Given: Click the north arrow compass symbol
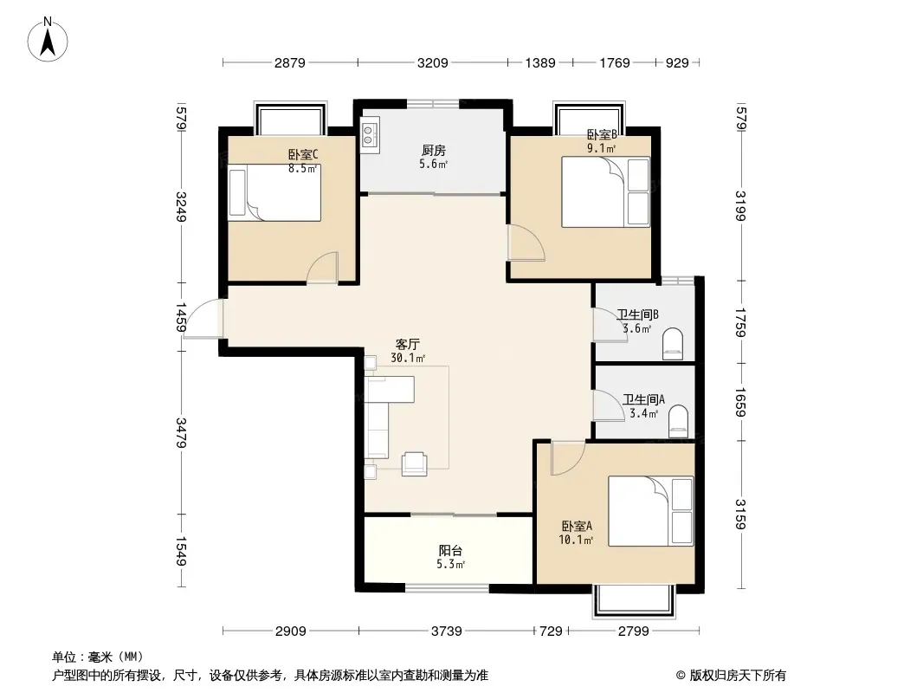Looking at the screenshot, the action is pyautogui.click(x=48, y=40).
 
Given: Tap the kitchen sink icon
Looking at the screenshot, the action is pyautogui.click(x=370, y=134).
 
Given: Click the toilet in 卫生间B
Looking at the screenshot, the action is pyautogui.click(x=672, y=344).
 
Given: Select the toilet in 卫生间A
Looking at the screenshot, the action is pyautogui.click(x=678, y=420).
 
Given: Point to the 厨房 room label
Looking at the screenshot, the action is pyautogui.click(x=434, y=151).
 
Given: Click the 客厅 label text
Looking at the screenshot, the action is pyautogui.click(x=407, y=344).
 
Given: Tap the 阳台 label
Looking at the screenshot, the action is pyautogui.click(x=450, y=551).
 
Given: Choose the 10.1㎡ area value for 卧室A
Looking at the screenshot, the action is pyautogui.click(x=576, y=540).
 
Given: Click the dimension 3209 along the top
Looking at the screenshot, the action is pyautogui.click(x=433, y=62).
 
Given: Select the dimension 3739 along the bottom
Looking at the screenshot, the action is pyautogui.click(x=446, y=631).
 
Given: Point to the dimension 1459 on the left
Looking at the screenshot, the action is pyautogui.click(x=181, y=317).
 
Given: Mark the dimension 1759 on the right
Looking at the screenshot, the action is pyautogui.click(x=740, y=322).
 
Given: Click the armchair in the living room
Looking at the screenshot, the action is pyautogui.click(x=415, y=463).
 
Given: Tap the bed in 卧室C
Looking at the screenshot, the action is pyautogui.click(x=274, y=192).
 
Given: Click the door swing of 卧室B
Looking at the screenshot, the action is pyautogui.click(x=526, y=242).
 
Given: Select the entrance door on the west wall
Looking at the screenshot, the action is pyautogui.click(x=203, y=319).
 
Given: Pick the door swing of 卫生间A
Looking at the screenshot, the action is pyautogui.click(x=608, y=405).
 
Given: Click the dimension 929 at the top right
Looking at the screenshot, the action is pyautogui.click(x=677, y=62).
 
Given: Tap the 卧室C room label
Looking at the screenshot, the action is pyautogui.click(x=302, y=155).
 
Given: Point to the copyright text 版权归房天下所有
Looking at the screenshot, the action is pyautogui.click(x=738, y=676).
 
